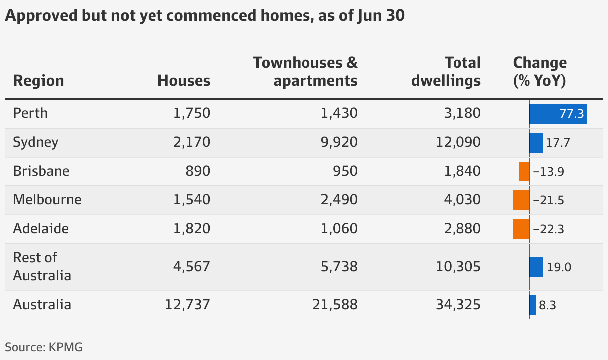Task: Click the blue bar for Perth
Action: pos(558,114)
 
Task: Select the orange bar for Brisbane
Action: pos(524,172)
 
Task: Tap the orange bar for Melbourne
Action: pos(521,200)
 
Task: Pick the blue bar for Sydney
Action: pos(536,143)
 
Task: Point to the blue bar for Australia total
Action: pos(533,305)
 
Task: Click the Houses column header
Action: pos(184,81)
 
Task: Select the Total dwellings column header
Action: pos(446,72)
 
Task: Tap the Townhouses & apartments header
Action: pos(305,72)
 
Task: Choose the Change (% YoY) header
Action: pos(540,72)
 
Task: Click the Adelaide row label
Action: pos(41,229)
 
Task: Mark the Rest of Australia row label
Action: pos(42,267)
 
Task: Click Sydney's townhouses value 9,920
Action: pos(339,142)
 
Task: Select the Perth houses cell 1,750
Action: pos(192,113)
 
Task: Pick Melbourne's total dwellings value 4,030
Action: pos(462,200)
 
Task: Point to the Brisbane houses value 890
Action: pos(198,171)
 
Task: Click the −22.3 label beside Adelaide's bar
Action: pos(548,229)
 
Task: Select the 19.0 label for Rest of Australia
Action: pos(559,267)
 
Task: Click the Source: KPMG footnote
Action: pos(44,347)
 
